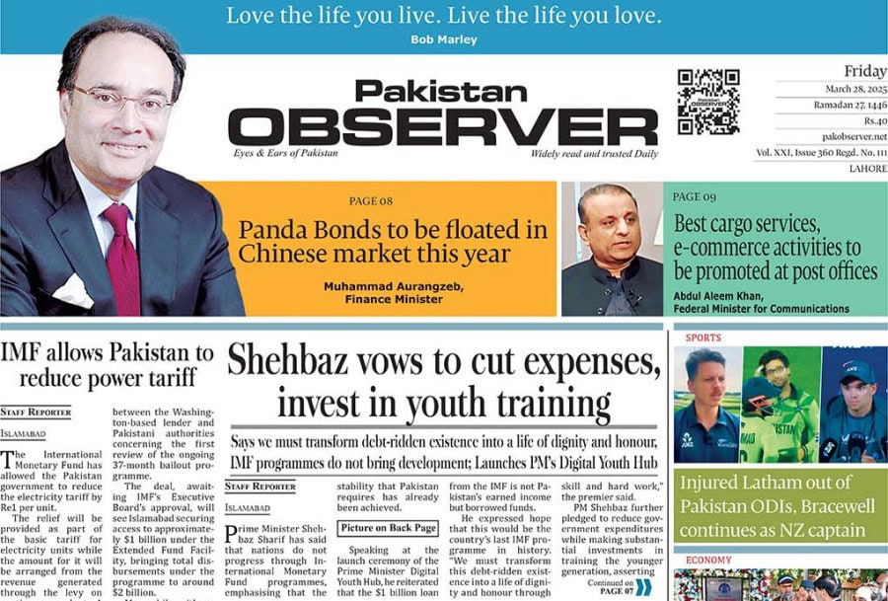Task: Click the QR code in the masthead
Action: point(707,102)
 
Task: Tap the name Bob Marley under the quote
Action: point(443,39)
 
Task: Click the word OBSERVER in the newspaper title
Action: point(443,126)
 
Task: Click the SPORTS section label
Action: point(703,338)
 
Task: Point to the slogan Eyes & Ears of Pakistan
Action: point(285,153)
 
